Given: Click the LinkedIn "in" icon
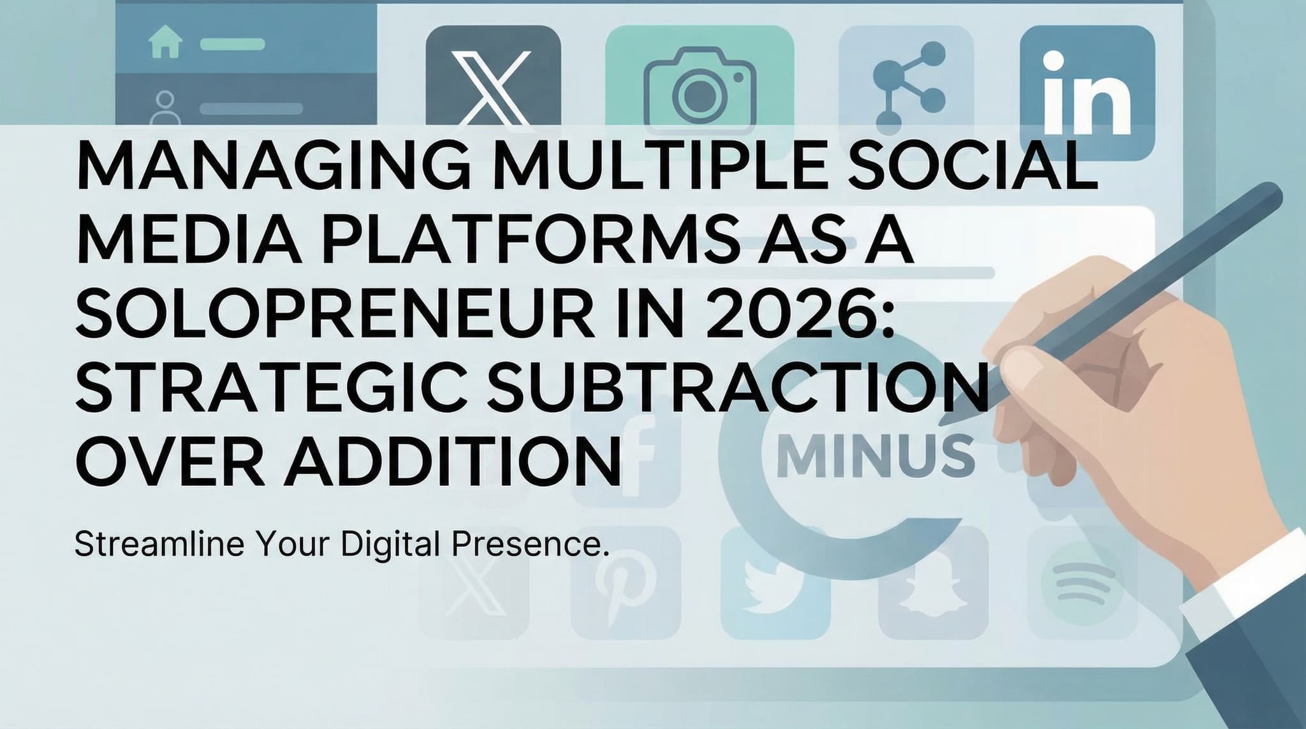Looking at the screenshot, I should [1087, 92].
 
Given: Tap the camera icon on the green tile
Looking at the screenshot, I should [699, 92].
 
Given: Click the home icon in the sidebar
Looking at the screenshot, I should [165, 43].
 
